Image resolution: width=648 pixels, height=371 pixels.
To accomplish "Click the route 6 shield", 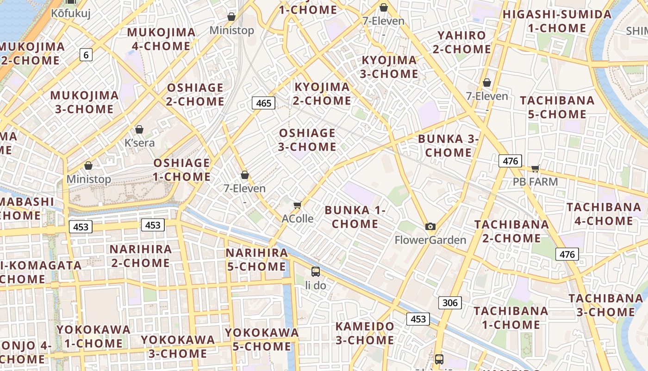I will tap(86, 55).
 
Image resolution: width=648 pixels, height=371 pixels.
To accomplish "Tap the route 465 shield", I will tap(263, 103).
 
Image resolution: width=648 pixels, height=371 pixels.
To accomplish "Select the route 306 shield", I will tap(449, 303).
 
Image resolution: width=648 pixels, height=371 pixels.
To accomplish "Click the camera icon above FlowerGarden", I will tap(430, 226).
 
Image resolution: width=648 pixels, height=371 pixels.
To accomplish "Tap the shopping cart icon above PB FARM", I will tap(536, 168).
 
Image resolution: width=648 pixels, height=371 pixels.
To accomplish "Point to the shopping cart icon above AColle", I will tap(298, 205).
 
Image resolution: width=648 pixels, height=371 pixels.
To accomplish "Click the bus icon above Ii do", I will tap(316, 272).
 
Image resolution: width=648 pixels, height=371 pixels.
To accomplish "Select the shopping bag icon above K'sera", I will tap(139, 129).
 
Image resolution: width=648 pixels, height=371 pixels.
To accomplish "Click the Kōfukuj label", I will tap(71, 13).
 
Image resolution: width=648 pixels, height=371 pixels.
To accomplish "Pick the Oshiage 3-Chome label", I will tap(307, 140).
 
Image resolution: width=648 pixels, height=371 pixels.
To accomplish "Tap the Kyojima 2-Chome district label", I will tap(322, 94).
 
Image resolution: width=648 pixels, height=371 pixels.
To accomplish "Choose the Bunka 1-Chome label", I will tap(355, 217).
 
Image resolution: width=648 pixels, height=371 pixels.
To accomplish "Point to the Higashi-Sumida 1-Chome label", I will tap(557, 21).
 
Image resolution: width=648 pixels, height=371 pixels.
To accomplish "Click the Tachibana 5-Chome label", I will tap(557, 107).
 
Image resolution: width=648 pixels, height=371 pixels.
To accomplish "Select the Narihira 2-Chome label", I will tap(141, 256).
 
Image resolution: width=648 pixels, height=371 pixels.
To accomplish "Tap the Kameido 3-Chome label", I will tap(365, 333).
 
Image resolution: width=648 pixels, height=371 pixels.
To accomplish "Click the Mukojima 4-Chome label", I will tap(161, 39).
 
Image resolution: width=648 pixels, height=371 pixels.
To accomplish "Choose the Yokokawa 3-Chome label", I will tap(178, 346).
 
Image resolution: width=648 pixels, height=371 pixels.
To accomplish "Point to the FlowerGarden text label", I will tap(430, 240).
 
